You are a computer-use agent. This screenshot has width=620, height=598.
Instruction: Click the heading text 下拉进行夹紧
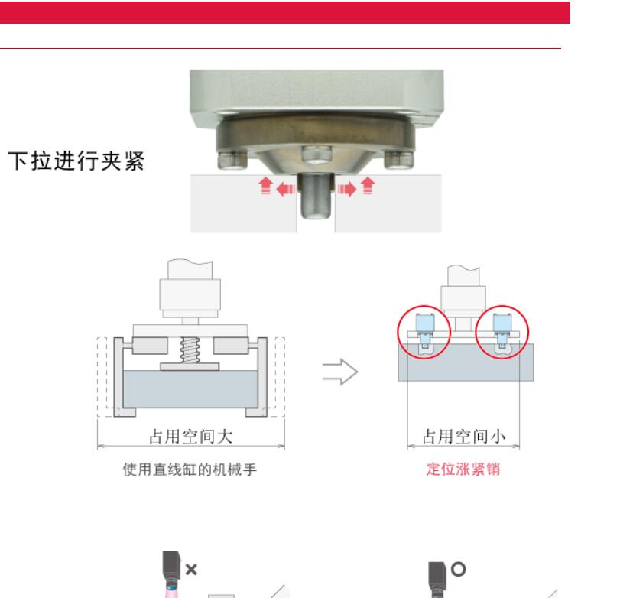pyautogui.click(x=76, y=162)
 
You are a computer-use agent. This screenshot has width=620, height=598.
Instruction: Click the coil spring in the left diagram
pyautogui.click(x=190, y=351)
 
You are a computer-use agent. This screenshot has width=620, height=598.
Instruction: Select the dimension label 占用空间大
pyautogui.click(x=190, y=436)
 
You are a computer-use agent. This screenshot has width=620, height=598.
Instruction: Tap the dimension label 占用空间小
pyautogui.click(x=466, y=436)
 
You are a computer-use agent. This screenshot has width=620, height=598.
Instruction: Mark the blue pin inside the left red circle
pyautogui.click(x=422, y=329)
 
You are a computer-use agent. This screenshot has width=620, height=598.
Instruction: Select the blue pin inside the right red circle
pyautogui.click(x=502, y=329)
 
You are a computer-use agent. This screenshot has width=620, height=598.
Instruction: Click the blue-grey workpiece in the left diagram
pyautogui.click(x=190, y=389)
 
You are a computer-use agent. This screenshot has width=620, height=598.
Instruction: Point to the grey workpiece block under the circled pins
pyautogui.click(x=465, y=363)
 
